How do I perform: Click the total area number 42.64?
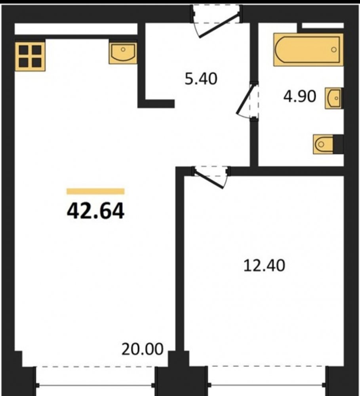[95, 211]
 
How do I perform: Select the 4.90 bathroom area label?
[300, 96]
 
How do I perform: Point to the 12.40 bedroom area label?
[264, 265]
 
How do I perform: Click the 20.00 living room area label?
[142, 349]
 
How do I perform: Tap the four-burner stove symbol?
[30, 56]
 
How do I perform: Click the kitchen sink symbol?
[123, 53]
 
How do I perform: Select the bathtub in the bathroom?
[308, 50]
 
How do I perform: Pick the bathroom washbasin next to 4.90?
[333, 98]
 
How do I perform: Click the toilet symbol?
[324, 144]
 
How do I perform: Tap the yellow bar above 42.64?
[95, 191]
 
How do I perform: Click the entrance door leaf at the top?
[219, 26]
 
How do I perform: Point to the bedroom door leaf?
[209, 179]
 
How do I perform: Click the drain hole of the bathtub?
[334, 49]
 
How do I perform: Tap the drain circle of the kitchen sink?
[123, 49]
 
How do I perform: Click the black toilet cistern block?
[339, 144]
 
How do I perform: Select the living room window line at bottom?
[95, 385]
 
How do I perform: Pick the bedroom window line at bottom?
[267, 385]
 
